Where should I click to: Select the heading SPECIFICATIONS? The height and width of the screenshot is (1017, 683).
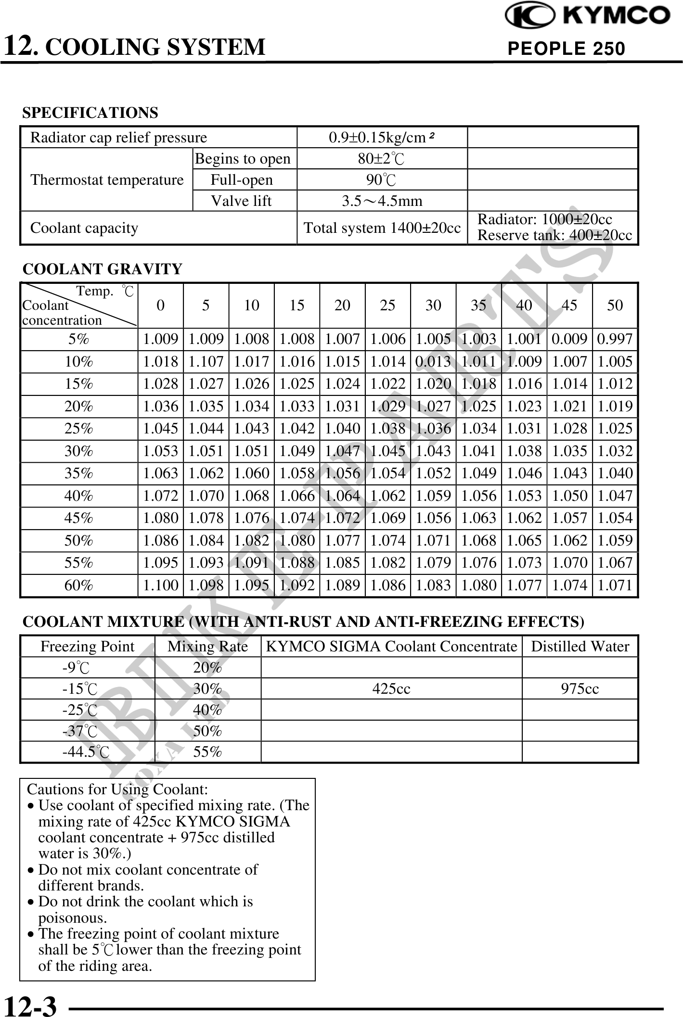90,113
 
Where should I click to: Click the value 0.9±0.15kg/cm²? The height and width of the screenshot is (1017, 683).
382,138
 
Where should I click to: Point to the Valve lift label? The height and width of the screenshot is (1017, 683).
241,201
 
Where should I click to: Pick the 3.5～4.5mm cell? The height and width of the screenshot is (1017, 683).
382,201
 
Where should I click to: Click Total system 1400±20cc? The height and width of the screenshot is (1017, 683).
382,228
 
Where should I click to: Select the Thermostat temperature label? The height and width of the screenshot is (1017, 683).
107,180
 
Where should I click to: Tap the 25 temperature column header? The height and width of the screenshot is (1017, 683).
387,305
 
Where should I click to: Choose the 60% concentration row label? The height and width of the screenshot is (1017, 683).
79,585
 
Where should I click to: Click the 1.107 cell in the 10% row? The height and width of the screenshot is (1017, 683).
206,362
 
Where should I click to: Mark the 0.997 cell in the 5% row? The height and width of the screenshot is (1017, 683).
615,339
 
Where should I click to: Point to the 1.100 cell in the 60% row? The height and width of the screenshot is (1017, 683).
161,585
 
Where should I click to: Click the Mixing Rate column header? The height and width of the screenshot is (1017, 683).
207,647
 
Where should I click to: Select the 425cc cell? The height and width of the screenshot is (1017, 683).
391,689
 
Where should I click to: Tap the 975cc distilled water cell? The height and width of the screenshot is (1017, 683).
580,689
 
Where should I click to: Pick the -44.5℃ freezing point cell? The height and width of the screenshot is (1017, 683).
86,752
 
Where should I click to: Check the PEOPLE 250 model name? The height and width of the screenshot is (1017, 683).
566,49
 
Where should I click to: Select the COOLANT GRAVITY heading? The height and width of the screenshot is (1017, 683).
103,269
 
